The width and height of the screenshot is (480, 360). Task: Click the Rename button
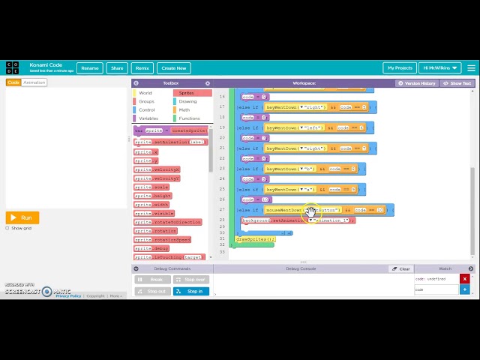(90, 68)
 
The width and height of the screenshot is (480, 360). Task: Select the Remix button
(142, 68)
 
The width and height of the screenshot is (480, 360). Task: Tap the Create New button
(173, 68)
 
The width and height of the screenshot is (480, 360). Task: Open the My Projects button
(400, 68)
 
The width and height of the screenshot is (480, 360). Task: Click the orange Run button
(22, 217)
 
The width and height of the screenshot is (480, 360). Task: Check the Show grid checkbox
(7, 228)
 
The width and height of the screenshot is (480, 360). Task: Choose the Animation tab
(34, 82)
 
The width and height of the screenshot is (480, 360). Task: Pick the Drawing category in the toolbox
(187, 101)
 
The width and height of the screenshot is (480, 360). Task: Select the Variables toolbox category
(148, 118)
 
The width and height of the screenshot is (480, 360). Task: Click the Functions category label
(189, 118)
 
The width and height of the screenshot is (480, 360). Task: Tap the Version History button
(416, 83)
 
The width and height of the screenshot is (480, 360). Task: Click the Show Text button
(457, 83)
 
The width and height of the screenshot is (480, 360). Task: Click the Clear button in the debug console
(400, 268)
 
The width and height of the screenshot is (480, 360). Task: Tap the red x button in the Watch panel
(465, 279)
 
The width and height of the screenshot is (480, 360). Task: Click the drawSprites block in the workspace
(255, 239)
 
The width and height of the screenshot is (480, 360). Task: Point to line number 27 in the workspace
(222, 210)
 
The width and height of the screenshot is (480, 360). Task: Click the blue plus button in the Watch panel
(465, 289)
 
